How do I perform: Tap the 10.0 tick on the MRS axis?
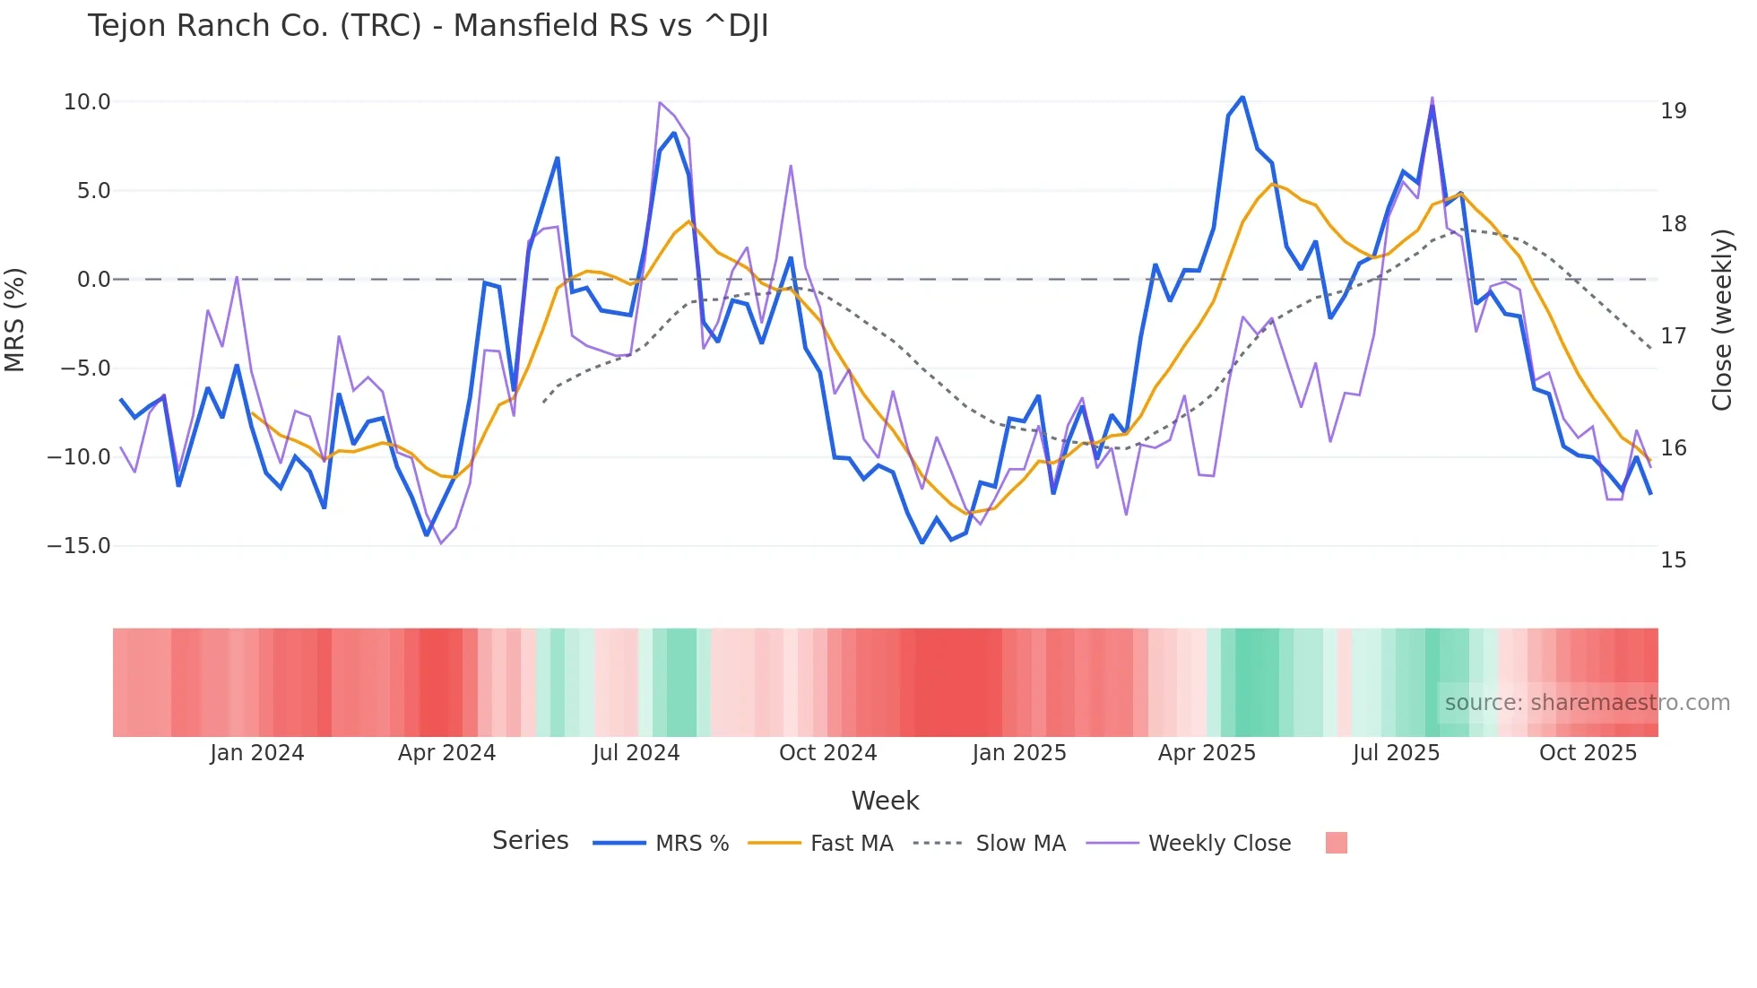pos(87,102)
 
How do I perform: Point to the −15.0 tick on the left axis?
pos(79,546)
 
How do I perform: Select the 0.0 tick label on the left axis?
pos(93,280)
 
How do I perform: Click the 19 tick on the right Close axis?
pos(1673,111)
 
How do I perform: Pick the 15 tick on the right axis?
pos(1673,560)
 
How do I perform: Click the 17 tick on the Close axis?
pos(1673,336)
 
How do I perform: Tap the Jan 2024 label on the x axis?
pos(257,753)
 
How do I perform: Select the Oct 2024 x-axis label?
pos(827,753)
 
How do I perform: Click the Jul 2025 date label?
pos(1396,753)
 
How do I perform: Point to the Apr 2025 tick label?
pos(1207,753)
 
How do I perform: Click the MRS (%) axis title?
pos(15,320)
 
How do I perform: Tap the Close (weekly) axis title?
pos(1721,320)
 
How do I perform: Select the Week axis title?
pos(885,801)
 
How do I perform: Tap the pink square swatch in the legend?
pos(1336,844)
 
